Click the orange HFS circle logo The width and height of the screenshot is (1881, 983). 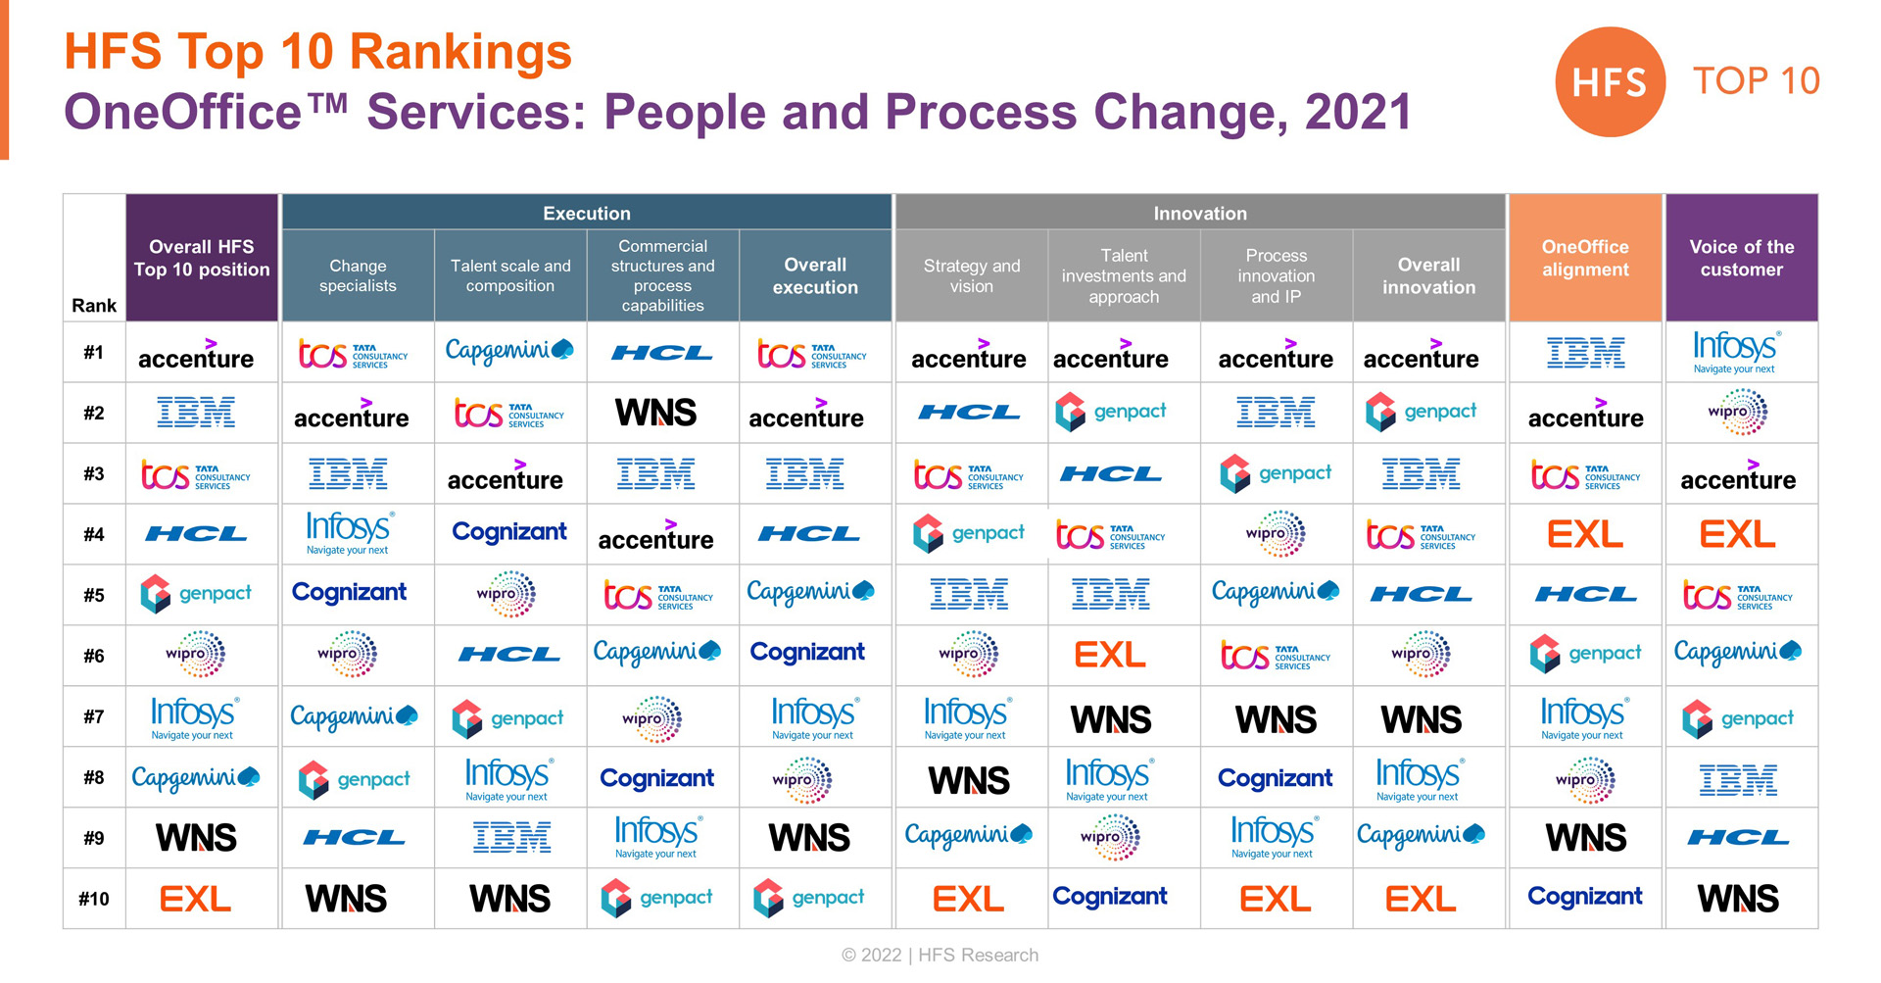point(1610,82)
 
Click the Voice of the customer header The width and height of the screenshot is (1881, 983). point(1741,258)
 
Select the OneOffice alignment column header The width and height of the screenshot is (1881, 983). point(1585,258)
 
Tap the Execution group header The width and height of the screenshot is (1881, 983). point(587,213)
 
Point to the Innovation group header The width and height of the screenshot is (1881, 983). point(1200,213)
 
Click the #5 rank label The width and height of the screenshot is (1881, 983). point(94,595)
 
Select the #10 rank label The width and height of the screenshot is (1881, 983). point(94,899)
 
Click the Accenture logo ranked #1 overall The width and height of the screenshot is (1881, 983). point(196,355)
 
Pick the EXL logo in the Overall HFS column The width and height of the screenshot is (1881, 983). point(195,899)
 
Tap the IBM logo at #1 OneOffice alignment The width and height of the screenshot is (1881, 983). point(1585,353)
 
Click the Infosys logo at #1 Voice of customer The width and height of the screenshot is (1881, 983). point(1737,352)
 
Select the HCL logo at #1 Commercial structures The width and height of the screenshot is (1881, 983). point(662,353)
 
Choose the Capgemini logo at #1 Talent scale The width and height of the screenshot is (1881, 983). point(509,350)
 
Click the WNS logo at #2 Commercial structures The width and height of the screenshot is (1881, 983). point(656,413)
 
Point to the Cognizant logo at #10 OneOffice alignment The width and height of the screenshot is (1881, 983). point(1585,896)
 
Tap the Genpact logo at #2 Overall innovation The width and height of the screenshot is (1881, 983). point(1421,413)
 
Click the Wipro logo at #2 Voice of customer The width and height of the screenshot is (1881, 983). point(1737,413)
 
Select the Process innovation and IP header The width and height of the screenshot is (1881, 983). point(1276,275)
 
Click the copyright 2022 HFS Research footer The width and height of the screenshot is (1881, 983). point(940,955)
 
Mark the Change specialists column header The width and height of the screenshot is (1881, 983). point(358,275)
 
